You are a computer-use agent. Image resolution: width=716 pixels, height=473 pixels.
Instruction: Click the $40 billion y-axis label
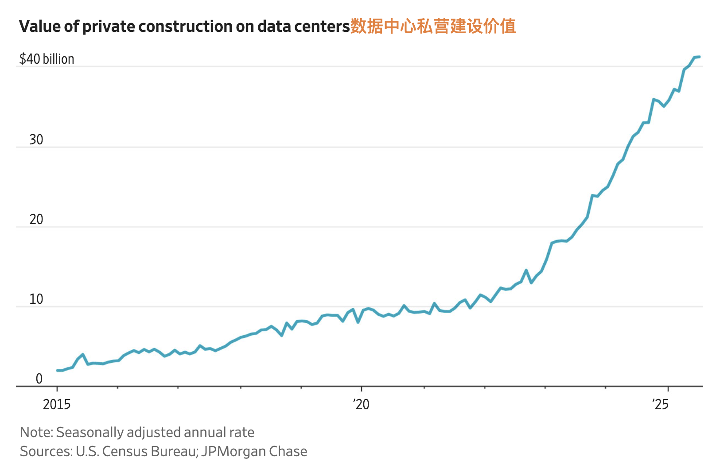pyautogui.click(x=47, y=59)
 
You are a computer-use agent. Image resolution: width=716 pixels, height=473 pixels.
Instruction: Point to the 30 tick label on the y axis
pyautogui.click(x=36, y=140)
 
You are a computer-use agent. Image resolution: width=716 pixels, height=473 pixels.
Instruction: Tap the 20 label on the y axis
pyautogui.click(x=36, y=219)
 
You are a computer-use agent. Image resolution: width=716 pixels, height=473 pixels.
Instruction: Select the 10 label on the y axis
pyautogui.click(x=36, y=299)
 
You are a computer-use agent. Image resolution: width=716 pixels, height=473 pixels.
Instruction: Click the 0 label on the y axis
pyautogui.click(x=39, y=379)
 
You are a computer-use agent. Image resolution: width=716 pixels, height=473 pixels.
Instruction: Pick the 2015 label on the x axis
pyautogui.click(x=57, y=404)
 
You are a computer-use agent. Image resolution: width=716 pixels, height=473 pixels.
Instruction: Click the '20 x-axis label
pyautogui.click(x=361, y=404)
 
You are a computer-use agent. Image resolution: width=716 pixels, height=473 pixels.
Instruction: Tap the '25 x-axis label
pyautogui.click(x=661, y=404)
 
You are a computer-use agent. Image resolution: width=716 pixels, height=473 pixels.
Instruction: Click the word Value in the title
pyautogui.click(x=39, y=27)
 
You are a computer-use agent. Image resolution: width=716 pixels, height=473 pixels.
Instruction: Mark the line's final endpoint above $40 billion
pyautogui.click(x=699, y=57)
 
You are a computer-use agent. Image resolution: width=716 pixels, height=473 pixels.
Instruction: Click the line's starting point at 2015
pyautogui.click(x=58, y=370)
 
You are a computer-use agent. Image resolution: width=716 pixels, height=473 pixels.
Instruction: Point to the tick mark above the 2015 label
pyautogui.click(x=57, y=389)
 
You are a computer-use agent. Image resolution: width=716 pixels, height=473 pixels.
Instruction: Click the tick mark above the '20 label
pyautogui.click(x=362, y=389)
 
